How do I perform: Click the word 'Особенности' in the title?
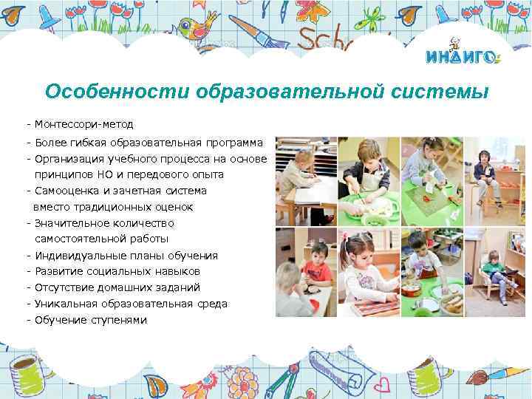[x=117, y=92]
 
